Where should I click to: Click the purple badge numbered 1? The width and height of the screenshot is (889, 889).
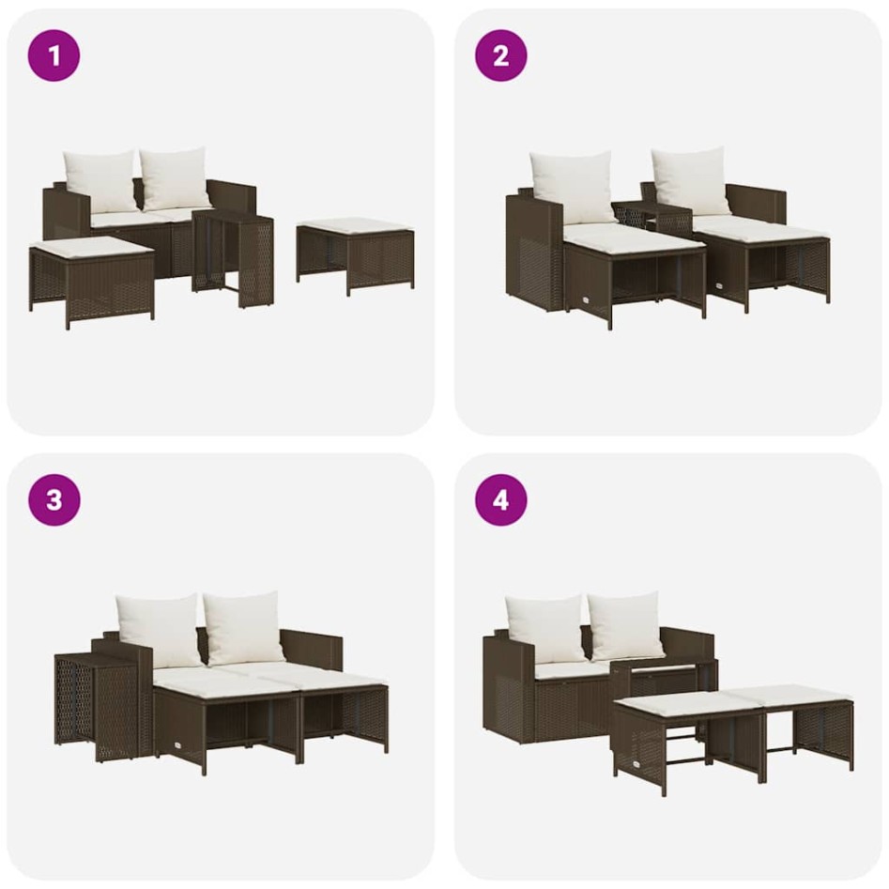coord(54,55)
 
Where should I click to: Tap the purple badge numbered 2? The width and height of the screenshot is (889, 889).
coord(500,55)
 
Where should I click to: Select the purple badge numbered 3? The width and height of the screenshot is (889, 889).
coord(54,499)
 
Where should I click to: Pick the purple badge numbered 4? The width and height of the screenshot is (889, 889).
coord(500,499)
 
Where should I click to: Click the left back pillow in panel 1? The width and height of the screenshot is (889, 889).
coord(100,181)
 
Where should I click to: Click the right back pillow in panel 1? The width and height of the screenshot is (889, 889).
coord(176,178)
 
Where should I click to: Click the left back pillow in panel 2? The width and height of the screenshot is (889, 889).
coord(573,187)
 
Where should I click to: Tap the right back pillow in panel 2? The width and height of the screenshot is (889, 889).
coord(691,180)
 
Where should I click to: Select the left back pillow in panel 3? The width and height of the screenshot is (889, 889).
coord(160,629)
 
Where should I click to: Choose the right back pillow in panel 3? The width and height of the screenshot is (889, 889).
coord(243,627)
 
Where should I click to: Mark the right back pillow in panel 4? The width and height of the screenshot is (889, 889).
coord(626,626)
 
